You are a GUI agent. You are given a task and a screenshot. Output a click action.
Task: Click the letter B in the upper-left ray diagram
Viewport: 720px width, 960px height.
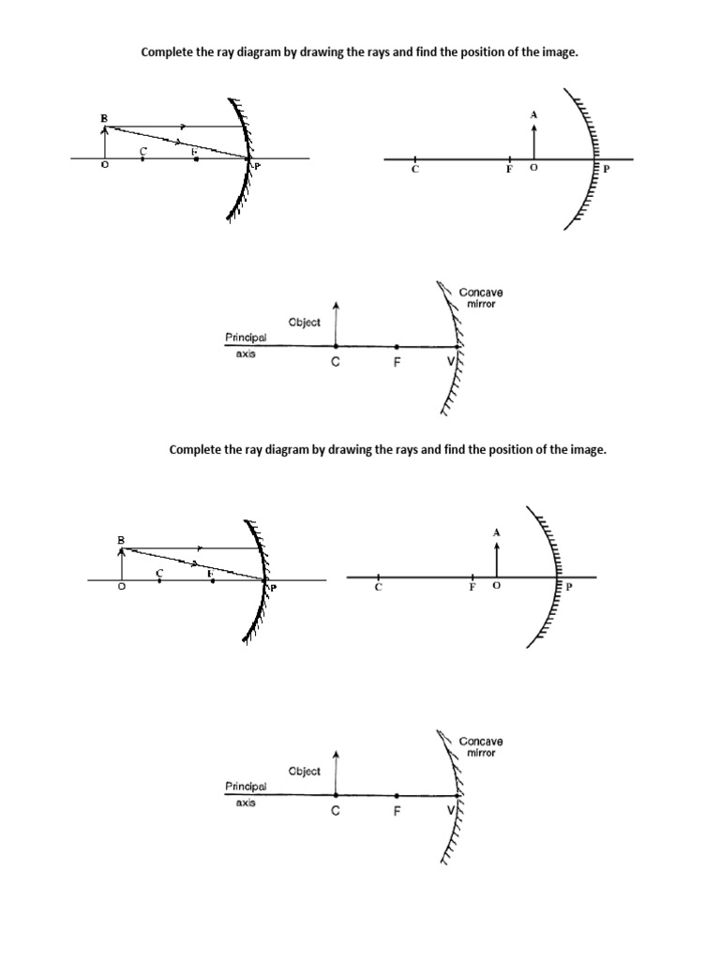coord(104,118)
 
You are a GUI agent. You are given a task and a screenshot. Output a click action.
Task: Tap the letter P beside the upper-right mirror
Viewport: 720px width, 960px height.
coord(606,170)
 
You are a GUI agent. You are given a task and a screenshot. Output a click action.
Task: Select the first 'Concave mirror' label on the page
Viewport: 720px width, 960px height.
coord(480,298)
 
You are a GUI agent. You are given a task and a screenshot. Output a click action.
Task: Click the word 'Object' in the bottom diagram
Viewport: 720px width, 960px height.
coord(305,771)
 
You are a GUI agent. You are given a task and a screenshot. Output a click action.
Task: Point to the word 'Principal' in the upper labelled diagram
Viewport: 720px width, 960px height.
coord(246,337)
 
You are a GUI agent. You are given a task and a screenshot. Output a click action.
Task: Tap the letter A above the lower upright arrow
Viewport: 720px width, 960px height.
coord(497,532)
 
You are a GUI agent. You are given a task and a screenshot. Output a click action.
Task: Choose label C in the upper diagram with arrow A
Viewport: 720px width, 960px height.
coord(414,171)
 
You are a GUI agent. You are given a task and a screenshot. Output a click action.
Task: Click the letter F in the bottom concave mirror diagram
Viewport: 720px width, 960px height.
coord(397,813)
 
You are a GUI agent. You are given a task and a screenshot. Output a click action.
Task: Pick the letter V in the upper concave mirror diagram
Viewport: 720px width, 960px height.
coord(450,362)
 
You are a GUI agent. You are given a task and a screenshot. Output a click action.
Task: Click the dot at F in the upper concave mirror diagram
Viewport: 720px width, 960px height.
coord(397,346)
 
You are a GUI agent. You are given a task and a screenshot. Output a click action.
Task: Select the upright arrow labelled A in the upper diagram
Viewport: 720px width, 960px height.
coord(534,141)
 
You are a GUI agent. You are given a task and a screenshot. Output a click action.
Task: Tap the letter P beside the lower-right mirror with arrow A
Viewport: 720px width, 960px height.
coord(568,589)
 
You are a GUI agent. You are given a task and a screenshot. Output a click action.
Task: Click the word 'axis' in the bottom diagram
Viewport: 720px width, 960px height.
coord(246,803)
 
